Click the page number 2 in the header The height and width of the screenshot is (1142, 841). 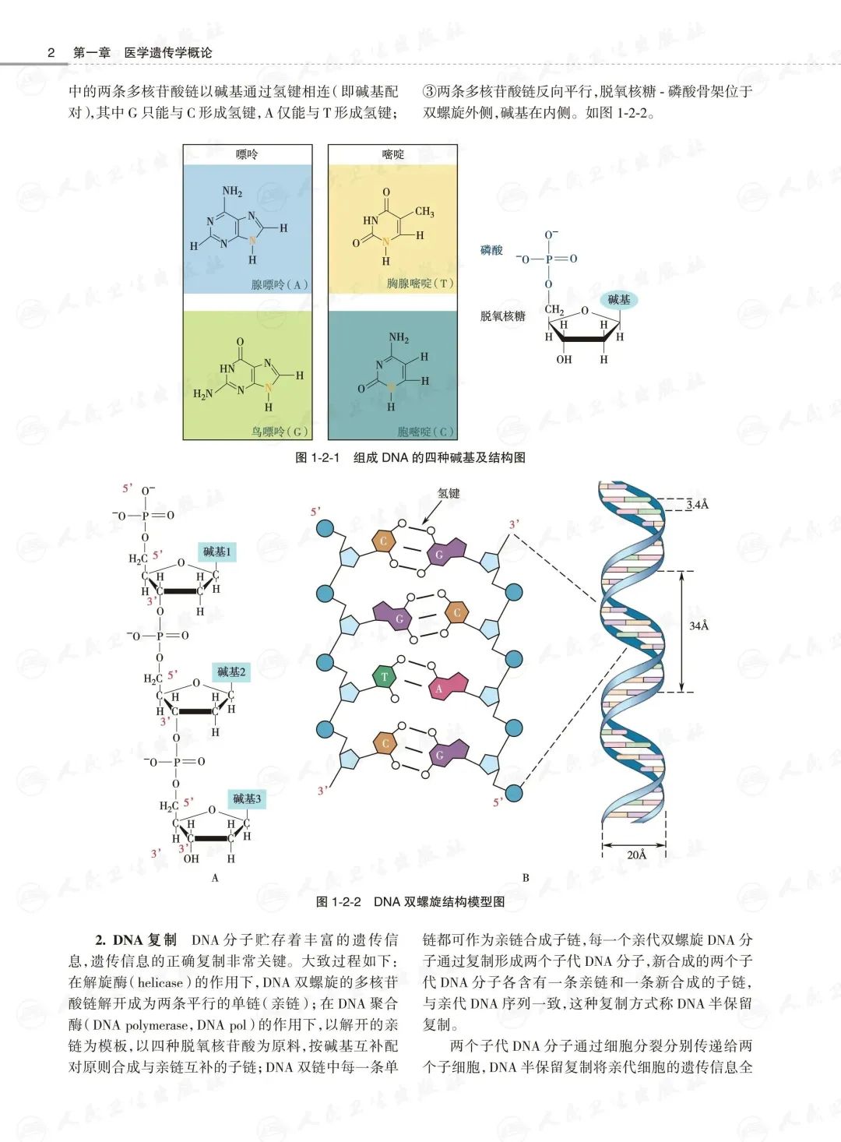coord(51,52)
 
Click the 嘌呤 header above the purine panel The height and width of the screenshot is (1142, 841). coord(247,154)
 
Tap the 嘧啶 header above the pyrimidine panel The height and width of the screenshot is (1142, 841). coord(392,154)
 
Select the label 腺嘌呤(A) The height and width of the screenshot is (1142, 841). coord(280,284)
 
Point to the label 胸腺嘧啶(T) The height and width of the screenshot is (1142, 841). coord(420,283)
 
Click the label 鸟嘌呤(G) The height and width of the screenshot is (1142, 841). coord(280,431)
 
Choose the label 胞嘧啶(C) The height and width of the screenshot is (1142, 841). coord(425,431)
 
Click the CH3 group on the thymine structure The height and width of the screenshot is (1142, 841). coord(424,211)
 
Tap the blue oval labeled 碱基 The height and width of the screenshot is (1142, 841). coord(619,299)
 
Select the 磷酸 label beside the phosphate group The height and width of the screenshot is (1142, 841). coord(491,250)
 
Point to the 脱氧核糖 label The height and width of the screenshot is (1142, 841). coord(502,315)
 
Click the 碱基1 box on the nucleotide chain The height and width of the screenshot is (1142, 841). coord(217,552)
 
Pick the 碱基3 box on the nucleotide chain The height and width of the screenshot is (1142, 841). coord(248,798)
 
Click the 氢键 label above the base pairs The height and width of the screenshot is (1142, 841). coord(449,493)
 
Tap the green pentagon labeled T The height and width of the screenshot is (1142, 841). coord(384,676)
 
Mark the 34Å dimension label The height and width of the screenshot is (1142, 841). coord(699,626)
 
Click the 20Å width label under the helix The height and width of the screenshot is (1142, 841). coord(637,855)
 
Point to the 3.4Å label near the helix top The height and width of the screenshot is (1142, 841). coord(698,504)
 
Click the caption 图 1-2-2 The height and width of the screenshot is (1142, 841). coord(339,901)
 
